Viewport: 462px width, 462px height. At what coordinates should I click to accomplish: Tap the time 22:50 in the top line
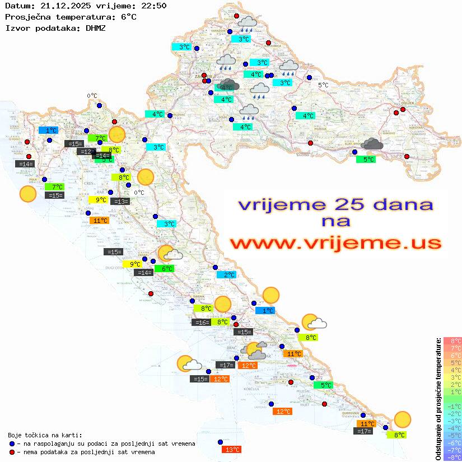tap(153, 6)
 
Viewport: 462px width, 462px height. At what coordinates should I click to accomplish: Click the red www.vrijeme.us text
tap(335, 243)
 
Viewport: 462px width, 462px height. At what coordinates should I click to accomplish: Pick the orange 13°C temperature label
tap(231, 449)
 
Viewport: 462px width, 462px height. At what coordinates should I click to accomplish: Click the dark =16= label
tap(201, 322)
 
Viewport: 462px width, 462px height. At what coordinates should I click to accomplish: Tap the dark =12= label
tap(87, 152)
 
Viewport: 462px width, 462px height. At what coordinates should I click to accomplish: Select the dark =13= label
tap(120, 201)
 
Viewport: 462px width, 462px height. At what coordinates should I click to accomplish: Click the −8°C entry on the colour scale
tap(452, 457)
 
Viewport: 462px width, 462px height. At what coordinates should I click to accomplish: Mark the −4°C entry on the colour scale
tap(452, 428)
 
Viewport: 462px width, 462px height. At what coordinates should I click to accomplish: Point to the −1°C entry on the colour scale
tap(452, 406)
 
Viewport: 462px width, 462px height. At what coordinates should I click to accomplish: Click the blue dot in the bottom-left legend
tap(12, 444)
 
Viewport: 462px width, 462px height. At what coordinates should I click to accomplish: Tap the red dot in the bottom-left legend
tap(12, 452)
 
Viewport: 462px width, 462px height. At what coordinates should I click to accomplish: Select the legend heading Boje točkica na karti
tap(45, 435)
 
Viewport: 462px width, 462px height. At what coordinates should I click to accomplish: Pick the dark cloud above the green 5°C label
tap(372, 144)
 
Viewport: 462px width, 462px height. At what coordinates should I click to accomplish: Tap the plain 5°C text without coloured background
tap(324, 85)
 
